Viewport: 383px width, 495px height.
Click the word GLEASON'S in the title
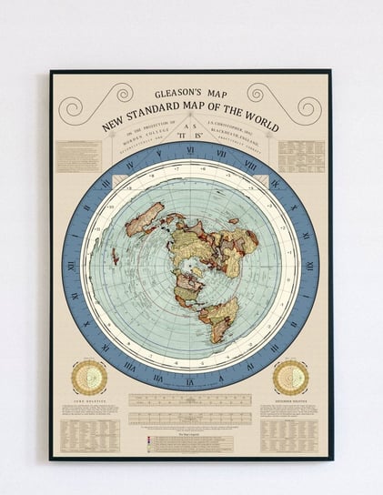point(168,94)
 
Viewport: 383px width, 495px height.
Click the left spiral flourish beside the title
point(85,103)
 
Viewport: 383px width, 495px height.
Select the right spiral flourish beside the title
point(297,102)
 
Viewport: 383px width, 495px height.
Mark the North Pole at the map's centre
point(192,267)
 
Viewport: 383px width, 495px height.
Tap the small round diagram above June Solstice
point(89,378)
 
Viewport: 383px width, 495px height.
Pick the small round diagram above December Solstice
point(290,378)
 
